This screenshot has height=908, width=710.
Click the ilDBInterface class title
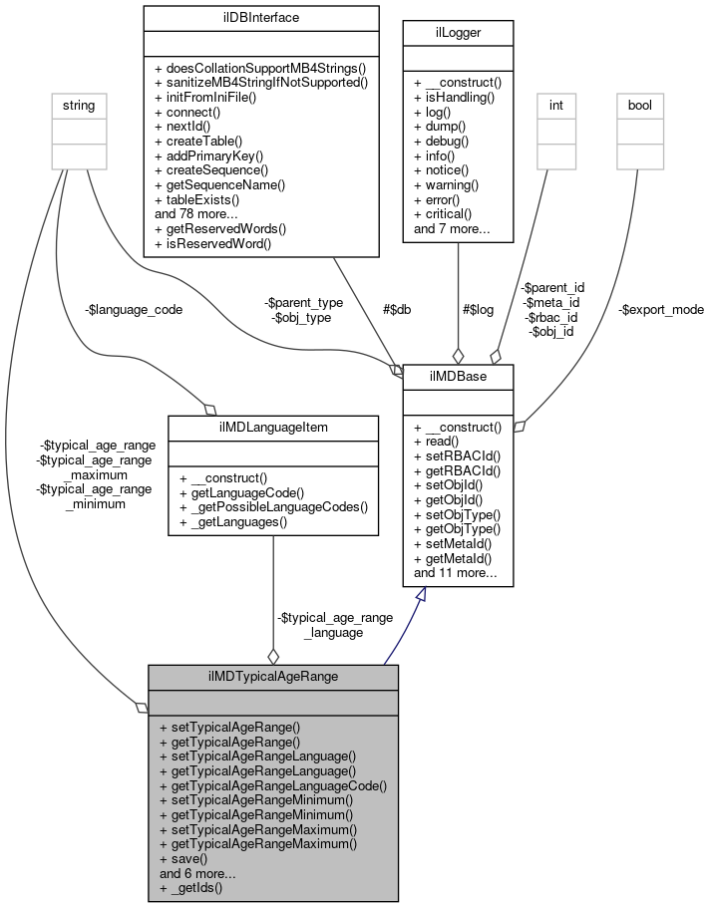[260, 17]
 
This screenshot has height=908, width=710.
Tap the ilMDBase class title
[458, 376]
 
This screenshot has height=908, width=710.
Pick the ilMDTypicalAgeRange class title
[273, 676]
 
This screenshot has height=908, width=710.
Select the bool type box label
[639, 105]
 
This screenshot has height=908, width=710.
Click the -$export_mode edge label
[659, 309]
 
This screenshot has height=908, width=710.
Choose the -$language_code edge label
[134, 309]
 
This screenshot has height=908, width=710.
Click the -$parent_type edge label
[304, 302]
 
